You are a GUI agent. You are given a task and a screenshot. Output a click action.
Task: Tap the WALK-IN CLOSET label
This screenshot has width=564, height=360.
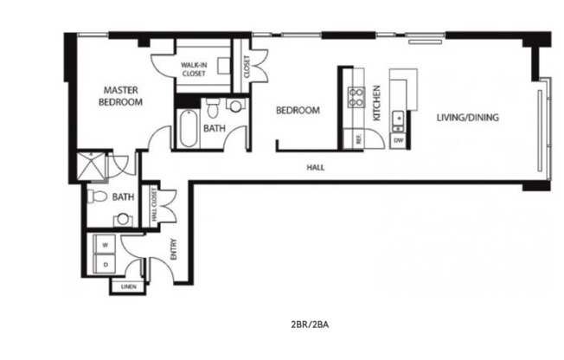coord(193,69)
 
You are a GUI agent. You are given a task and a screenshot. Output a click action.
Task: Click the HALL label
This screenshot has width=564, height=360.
coord(316,167)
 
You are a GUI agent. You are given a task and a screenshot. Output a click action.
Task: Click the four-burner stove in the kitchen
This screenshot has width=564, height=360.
coord(354,96)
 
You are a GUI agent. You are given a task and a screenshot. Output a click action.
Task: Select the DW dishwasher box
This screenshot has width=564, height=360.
coord(398,139)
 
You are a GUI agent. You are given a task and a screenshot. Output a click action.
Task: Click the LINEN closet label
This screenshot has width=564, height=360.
coord(128,286)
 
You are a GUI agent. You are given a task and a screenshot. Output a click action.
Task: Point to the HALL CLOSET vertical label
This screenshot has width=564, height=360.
coord(155,209)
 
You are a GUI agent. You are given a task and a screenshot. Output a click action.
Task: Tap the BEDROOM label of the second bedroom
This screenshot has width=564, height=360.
coord(298,111)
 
